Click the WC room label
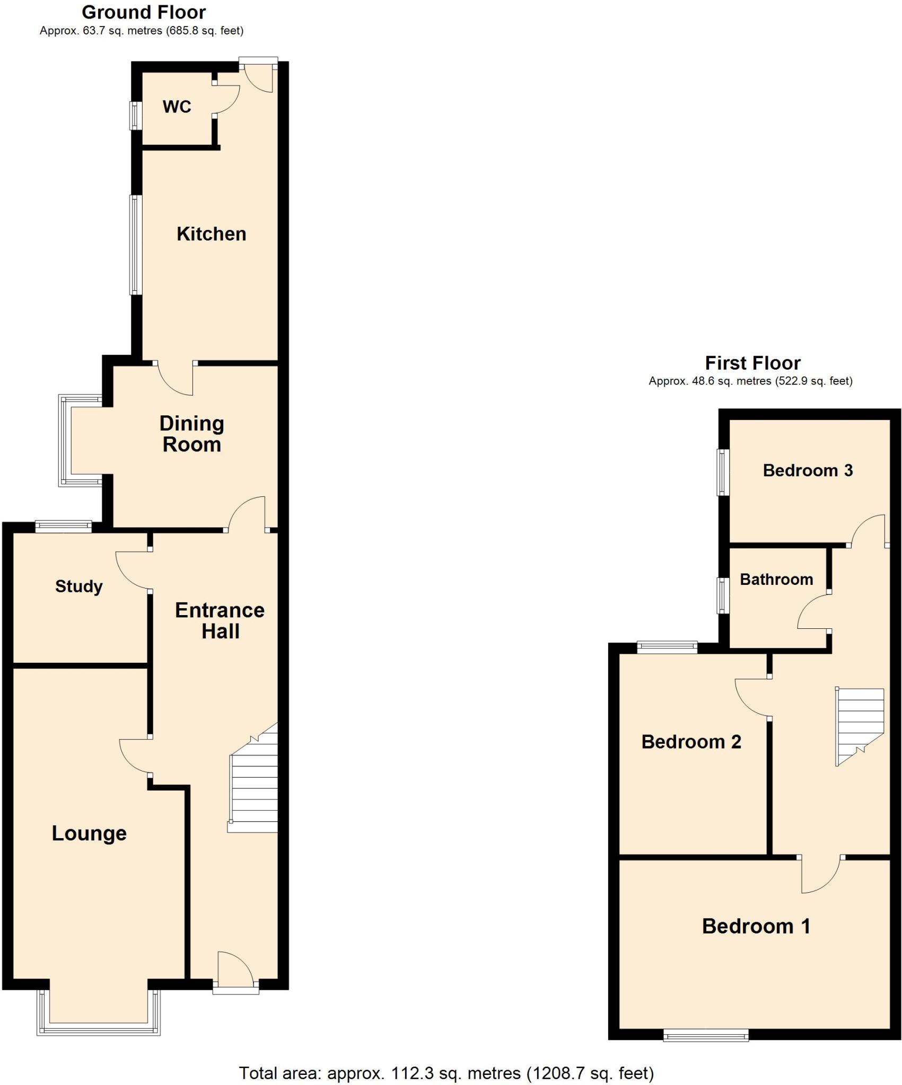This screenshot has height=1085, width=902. pos(177,106)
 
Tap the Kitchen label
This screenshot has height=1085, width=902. pos(211,234)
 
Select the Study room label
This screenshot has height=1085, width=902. pos(79,586)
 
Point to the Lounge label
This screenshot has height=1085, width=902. pos(89,833)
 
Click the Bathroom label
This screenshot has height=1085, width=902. pos(776,579)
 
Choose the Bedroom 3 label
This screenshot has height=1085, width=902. pos(808,470)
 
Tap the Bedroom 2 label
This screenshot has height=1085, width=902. pos(691,742)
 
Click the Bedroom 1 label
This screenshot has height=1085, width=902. pos(756,926)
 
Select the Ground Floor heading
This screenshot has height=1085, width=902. pos(144,12)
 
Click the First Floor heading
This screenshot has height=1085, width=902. pos(752,363)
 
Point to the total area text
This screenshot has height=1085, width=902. pos(446,1069)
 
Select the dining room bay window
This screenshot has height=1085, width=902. pos(66,440)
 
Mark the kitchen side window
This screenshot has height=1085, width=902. pos(136,244)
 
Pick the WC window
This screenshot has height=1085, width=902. pos(136,115)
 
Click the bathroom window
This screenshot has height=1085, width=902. pos(723,595)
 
